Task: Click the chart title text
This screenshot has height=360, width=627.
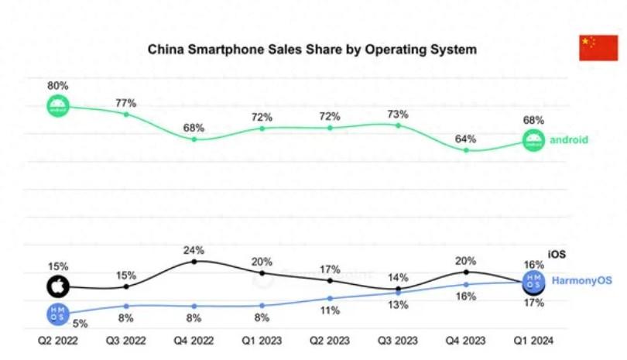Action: (x=312, y=50)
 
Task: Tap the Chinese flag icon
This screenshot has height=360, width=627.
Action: (x=598, y=48)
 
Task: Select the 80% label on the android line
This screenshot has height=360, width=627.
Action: (x=58, y=86)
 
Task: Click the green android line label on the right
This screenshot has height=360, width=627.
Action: (x=569, y=140)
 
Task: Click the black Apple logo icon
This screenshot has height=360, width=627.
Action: (x=57, y=287)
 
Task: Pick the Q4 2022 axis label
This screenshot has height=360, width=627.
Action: (x=194, y=340)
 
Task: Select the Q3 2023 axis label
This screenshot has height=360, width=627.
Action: (x=398, y=340)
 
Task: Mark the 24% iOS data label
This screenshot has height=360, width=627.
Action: (x=194, y=250)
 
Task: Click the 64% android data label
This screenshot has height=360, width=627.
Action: (x=466, y=139)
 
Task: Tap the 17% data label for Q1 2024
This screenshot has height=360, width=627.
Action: (x=533, y=303)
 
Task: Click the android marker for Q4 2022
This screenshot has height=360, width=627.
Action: (x=194, y=139)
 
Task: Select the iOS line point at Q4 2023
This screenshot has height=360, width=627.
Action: (x=466, y=272)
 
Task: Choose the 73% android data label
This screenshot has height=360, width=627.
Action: (x=398, y=114)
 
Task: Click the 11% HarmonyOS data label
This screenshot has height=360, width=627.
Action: (x=331, y=310)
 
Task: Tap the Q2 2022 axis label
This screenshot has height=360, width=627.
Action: (x=58, y=340)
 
